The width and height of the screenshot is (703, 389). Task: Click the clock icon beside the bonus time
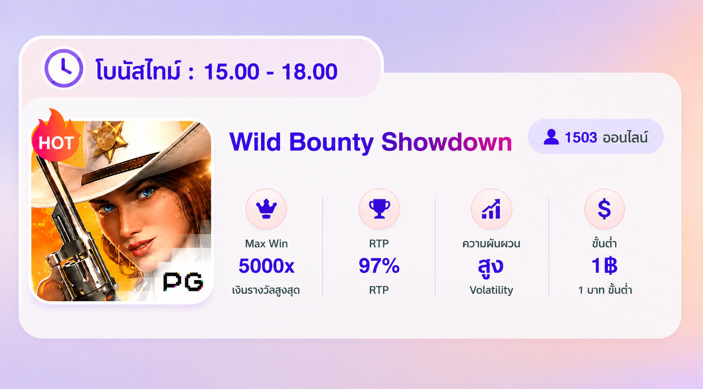[x=64, y=68]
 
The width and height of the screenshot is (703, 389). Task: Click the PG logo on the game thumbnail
[x=183, y=281]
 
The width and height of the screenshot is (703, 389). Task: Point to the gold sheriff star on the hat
[x=107, y=139]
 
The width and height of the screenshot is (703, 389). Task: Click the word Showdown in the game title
[x=446, y=142]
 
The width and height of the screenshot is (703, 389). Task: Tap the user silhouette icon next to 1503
[x=551, y=137]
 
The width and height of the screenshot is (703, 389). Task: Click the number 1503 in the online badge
[x=581, y=138]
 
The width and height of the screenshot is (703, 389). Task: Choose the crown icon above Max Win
[x=266, y=208]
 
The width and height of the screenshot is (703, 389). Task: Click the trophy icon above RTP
[x=379, y=208]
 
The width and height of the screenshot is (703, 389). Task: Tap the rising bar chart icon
[x=491, y=208]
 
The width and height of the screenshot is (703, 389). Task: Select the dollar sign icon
[x=604, y=209]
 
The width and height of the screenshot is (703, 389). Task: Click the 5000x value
[x=267, y=266]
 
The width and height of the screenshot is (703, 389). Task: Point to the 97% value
[x=379, y=266]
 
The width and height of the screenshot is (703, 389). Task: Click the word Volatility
[x=491, y=290]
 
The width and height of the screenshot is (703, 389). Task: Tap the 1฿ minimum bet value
[x=605, y=266]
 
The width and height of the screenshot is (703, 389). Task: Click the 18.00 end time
[x=310, y=72]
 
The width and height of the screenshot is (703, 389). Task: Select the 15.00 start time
[x=232, y=72]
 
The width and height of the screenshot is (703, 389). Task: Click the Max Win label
[x=266, y=243]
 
